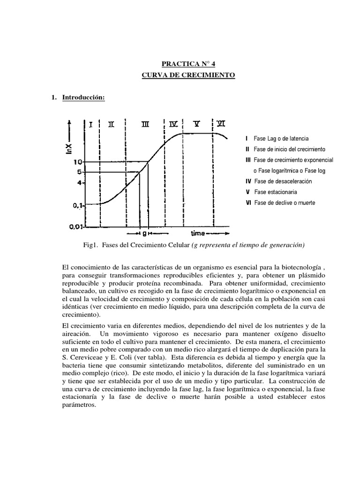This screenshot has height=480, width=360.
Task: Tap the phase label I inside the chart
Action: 90,124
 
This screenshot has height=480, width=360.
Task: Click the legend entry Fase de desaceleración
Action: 283,181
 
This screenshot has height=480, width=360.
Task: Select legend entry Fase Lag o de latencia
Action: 281,139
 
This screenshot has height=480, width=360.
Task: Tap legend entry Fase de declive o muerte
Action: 285,203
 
